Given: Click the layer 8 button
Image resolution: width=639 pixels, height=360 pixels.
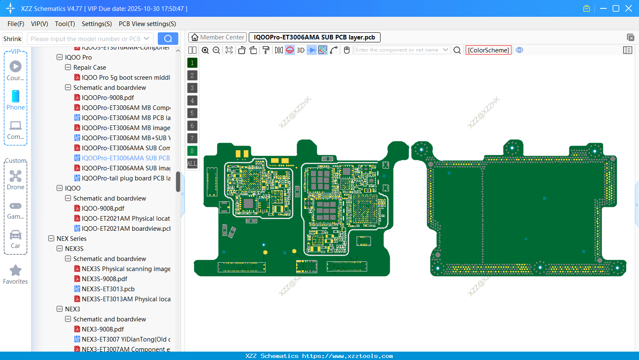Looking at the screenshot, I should click(x=192, y=151).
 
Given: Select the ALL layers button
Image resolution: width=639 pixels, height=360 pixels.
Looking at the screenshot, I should click(x=192, y=163).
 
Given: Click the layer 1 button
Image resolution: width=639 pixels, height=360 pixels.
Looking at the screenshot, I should click(x=192, y=63).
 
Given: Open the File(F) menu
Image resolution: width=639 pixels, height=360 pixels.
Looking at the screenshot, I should click(x=16, y=24).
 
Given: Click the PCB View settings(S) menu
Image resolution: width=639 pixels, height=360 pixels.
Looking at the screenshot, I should click(x=147, y=24).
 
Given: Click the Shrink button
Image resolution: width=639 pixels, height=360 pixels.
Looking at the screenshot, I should click(x=12, y=39).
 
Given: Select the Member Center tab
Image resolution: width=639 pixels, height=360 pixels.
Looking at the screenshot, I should click(x=217, y=37).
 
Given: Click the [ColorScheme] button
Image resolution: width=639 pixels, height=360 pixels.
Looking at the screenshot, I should click(x=488, y=50).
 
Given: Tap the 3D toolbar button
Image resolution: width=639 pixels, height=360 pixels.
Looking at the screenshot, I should click(x=300, y=50).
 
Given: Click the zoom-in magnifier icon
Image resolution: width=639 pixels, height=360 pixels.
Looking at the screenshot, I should click(x=205, y=50).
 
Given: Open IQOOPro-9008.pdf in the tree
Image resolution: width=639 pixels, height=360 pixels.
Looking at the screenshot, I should click(x=108, y=97).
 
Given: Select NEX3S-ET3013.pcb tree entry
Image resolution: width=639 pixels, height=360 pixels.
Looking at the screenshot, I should click(x=108, y=289).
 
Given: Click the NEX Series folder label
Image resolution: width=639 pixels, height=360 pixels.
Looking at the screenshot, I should click(x=71, y=238).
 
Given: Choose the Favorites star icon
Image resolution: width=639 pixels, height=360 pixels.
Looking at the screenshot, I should click(x=16, y=271).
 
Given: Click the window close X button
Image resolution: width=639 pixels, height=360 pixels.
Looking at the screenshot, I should click(x=629, y=8).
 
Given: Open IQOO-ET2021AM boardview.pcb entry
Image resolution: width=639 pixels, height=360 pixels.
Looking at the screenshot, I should click(x=126, y=228).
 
